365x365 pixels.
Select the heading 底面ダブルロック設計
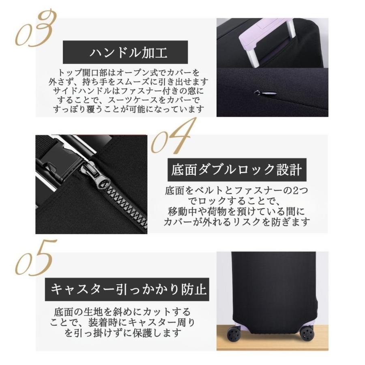click(x=236, y=170)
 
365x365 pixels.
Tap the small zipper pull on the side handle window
click(x=258, y=92)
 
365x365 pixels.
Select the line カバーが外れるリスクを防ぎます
click(x=236, y=222)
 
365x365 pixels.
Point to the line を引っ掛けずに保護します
click(x=122, y=333)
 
